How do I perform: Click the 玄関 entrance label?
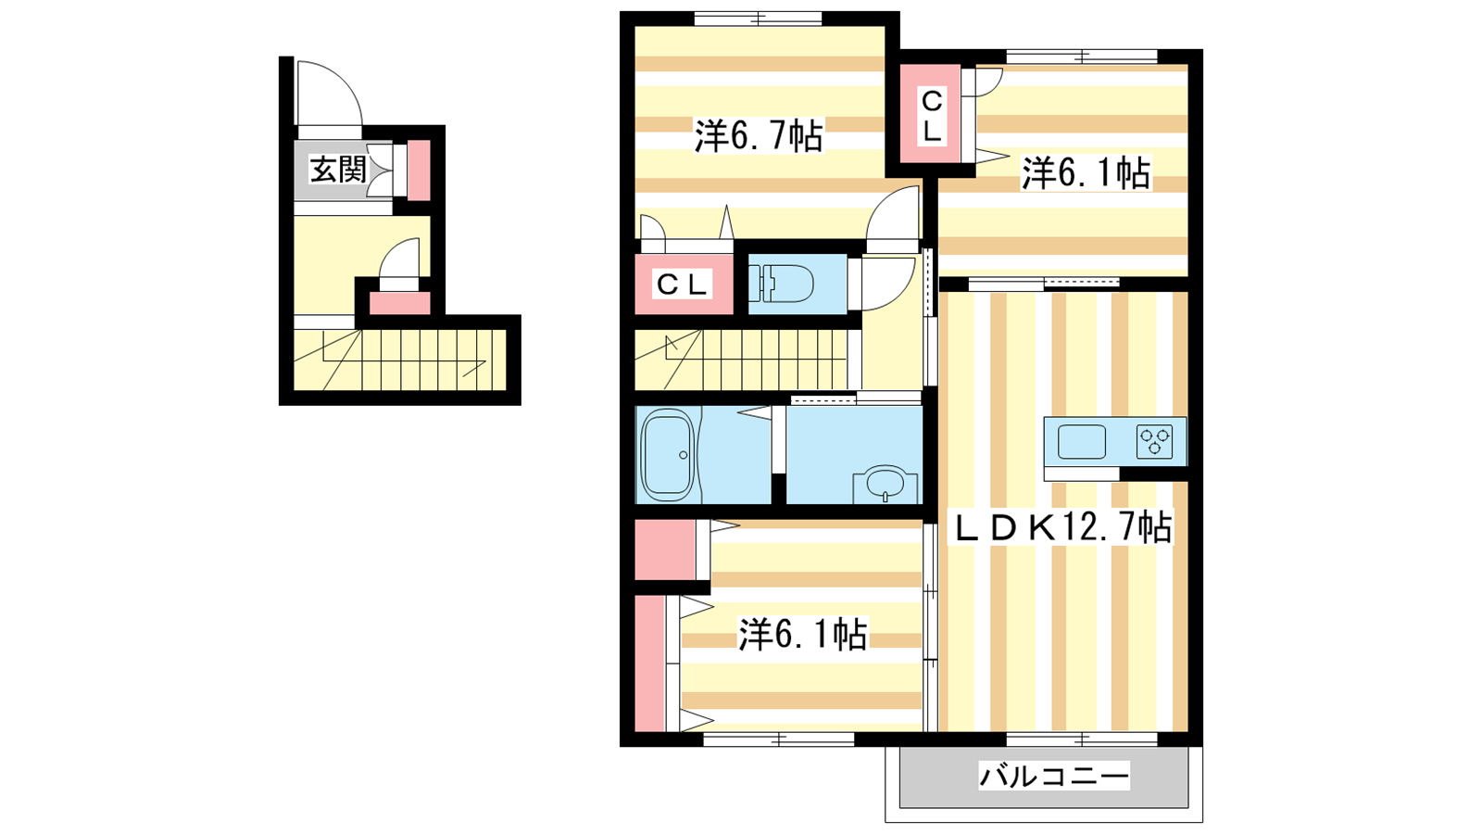338,171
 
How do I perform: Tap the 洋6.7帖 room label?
759,135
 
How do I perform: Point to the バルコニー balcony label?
1054,776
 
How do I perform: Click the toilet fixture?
781,284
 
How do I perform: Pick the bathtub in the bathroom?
668,455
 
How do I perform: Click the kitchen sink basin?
1082,441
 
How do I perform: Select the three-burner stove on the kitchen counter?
1154,441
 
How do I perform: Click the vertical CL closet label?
932,117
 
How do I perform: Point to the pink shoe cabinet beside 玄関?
419,171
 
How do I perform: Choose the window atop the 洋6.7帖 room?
759,19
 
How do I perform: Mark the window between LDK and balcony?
1083,739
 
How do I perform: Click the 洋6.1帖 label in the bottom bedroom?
802,634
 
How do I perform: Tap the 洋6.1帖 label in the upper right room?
1086,172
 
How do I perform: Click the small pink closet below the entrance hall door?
399,303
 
